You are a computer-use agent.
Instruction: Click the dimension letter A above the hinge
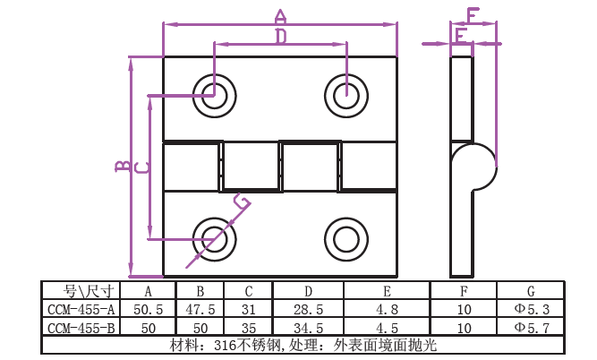point(280,15)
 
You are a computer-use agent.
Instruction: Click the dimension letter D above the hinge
point(280,37)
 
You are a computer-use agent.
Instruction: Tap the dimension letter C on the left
point(141,167)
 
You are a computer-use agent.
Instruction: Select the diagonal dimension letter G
point(241,201)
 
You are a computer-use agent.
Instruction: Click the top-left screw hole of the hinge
point(214,93)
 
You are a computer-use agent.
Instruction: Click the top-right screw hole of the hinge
point(345,93)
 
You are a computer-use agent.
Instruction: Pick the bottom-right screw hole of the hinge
point(345,238)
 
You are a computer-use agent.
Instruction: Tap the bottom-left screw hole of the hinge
point(214,238)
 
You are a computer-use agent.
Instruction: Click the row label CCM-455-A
point(81,309)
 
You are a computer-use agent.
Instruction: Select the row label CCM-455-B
point(81,327)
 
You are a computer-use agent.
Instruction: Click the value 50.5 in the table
point(148,309)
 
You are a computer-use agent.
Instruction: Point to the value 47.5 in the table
point(200,309)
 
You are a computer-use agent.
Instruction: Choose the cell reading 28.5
point(308,309)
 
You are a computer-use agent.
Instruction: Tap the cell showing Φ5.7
point(531,327)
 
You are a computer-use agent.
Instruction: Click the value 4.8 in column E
point(386,309)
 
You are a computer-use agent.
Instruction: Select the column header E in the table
point(386,290)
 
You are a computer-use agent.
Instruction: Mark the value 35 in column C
point(248,327)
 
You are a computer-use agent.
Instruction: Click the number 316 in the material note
point(226,345)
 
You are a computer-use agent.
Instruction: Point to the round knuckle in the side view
point(473,166)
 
